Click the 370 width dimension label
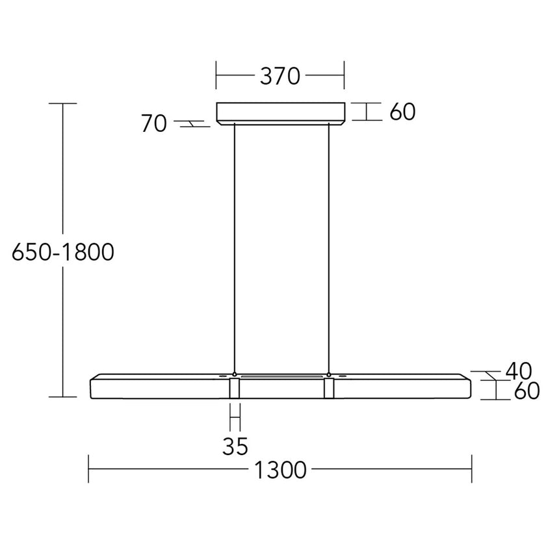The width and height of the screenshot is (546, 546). pyautogui.click(x=280, y=76)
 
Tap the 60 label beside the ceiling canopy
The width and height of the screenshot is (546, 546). pyautogui.click(x=402, y=112)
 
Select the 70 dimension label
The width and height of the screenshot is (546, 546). pyautogui.click(x=154, y=123)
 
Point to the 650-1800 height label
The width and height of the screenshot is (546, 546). pyautogui.click(x=63, y=252)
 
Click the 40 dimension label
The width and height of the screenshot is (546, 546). pyautogui.click(x=518, y=371)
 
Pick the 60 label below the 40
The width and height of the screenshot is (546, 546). pyautogui.click(x=527, y=391)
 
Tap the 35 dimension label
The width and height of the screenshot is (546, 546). pyautogui.click(x=235, y=446)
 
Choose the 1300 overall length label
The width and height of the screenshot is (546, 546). pyautogui.click(x=280, y=470)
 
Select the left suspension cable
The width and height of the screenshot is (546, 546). pyautogui.click(x=235, y=248)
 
